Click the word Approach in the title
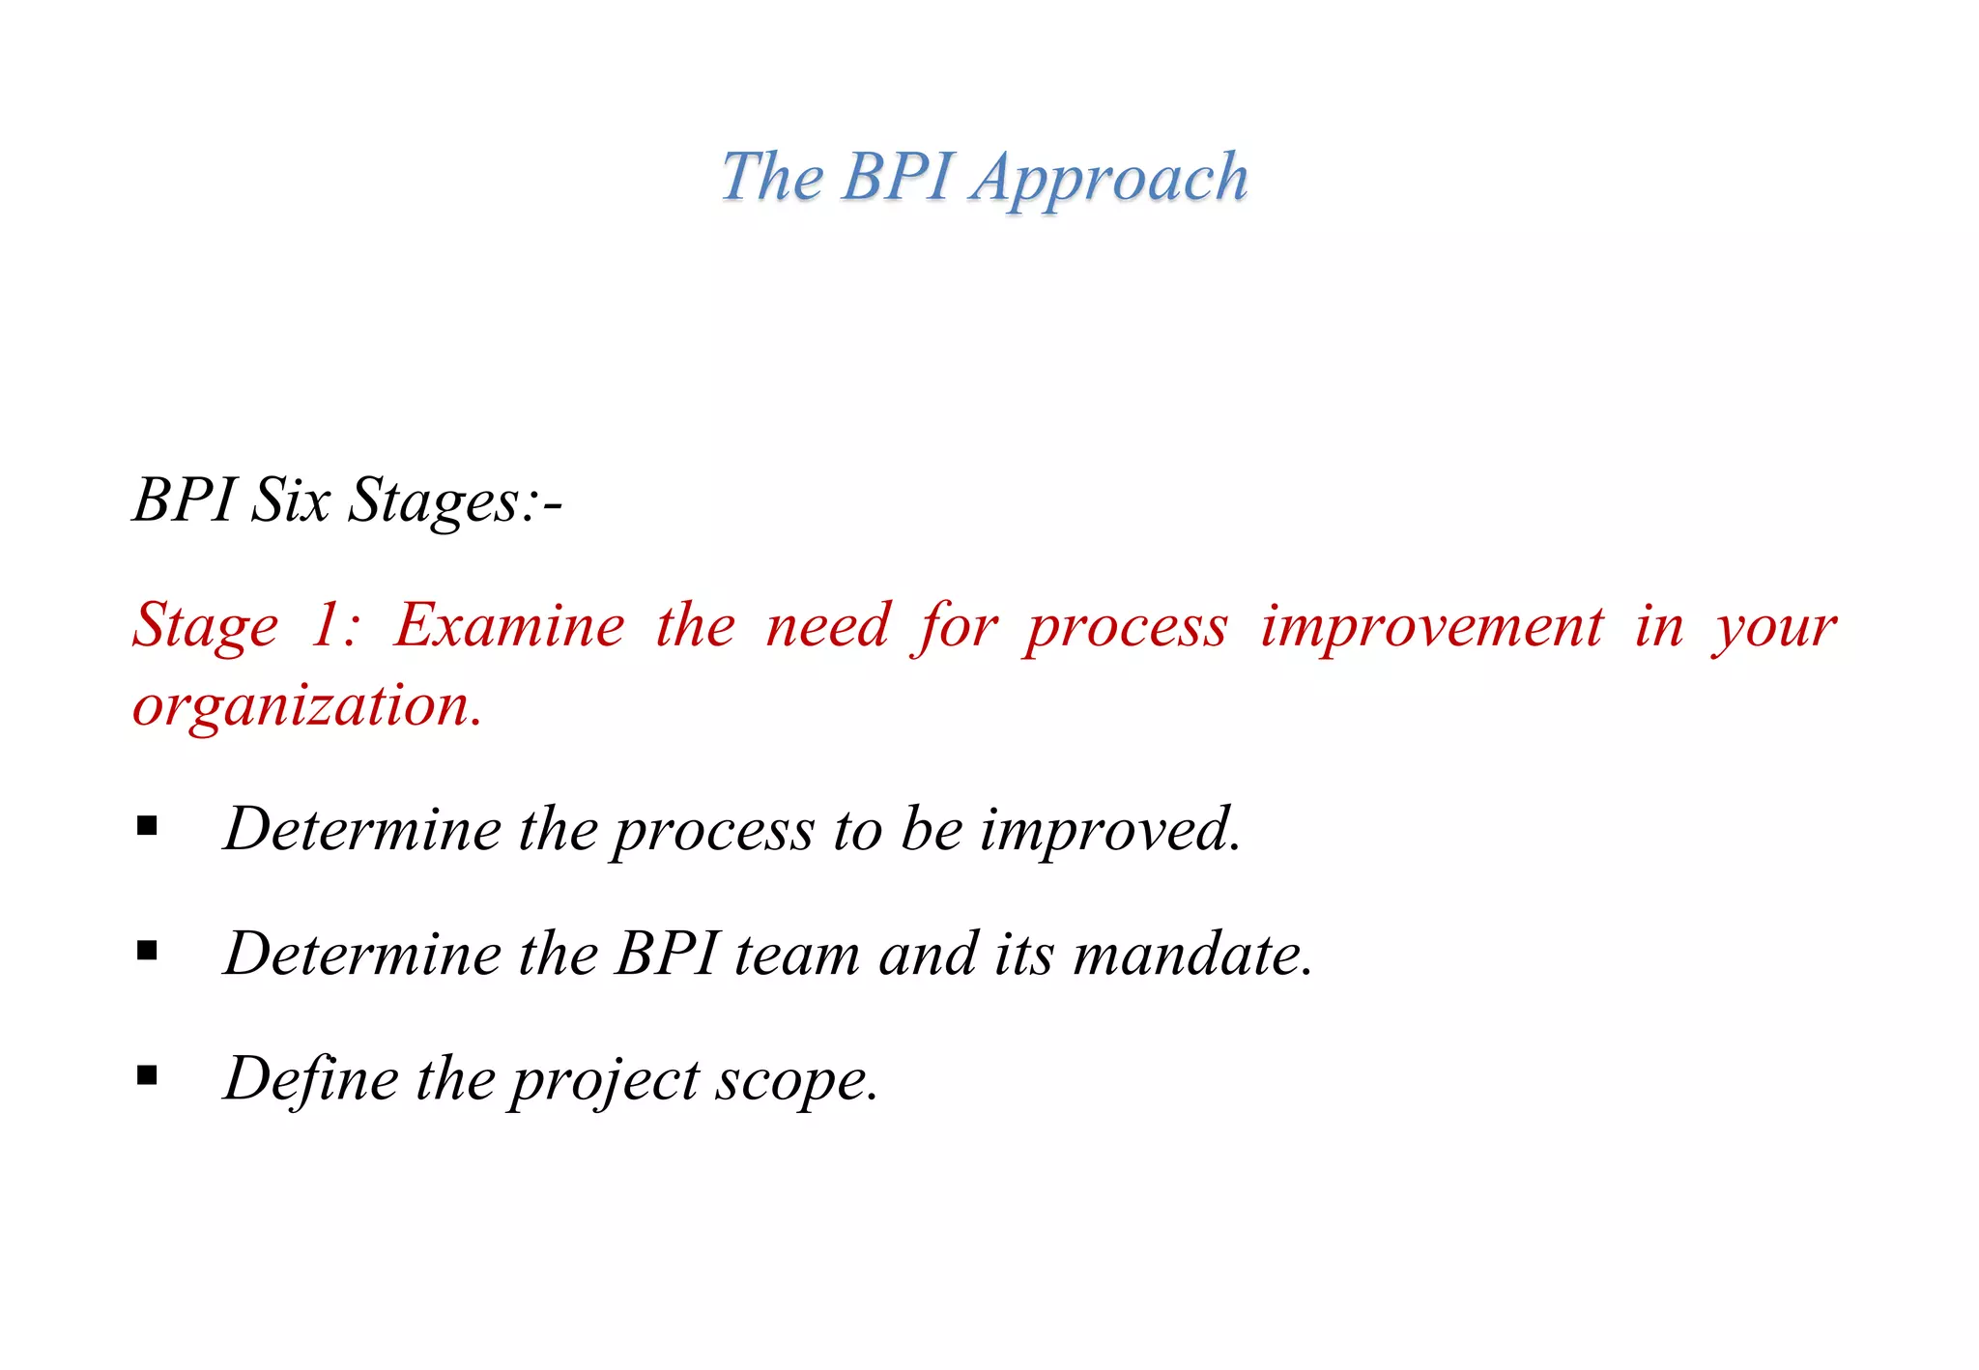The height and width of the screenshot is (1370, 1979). pos(1110,179)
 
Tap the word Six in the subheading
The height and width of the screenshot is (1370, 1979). pos(290,500)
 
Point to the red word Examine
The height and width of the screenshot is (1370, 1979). pos(509,625)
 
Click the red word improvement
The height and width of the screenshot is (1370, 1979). pos(1432,625)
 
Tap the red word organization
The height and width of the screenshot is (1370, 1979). pos(307,704)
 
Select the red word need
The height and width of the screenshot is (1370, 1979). pos(827,625)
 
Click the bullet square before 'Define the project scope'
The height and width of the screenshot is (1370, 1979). pos(147,1074)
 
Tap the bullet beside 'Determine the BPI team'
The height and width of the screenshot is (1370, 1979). pos(147,951)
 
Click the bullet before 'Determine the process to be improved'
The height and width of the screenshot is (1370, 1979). pos(147,826)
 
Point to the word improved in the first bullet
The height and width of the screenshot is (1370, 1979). pos(1110,829)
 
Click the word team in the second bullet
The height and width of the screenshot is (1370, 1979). pos(797,954)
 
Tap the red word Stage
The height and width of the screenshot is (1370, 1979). pos(206,627)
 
